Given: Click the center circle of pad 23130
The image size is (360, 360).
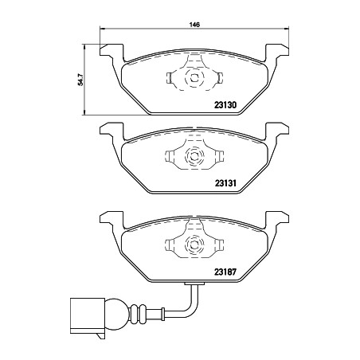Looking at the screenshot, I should (x=193, y=79).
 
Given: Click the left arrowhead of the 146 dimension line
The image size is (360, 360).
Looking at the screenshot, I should (x=101, y=30).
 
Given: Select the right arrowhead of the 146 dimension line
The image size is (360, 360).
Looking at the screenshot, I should (x=284, y=30).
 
